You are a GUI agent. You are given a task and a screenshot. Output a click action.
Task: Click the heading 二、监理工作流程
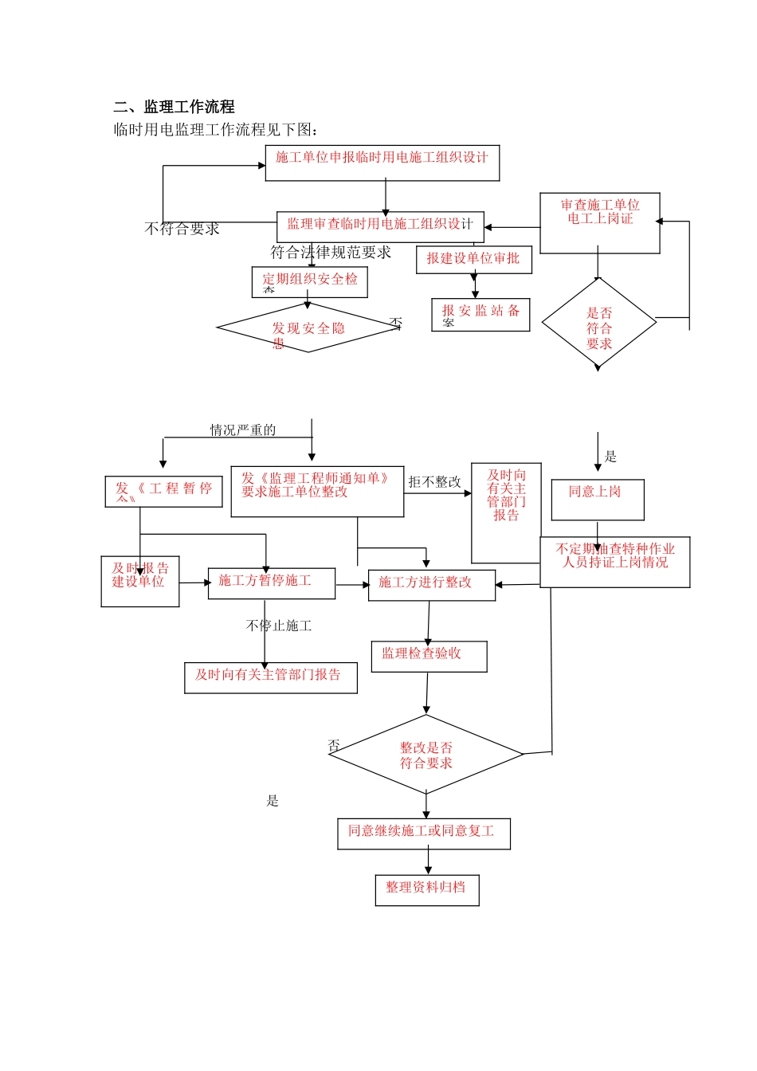click(174, 107)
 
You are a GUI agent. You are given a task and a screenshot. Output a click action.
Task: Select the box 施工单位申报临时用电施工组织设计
click(382, 163)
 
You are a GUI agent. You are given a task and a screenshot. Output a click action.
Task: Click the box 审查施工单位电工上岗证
click(600, 223)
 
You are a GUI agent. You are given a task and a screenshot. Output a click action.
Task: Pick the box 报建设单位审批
click(473, 260)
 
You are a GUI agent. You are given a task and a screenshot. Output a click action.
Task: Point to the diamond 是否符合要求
click(599, 324)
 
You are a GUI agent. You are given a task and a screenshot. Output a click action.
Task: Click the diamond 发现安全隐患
click(308, 328)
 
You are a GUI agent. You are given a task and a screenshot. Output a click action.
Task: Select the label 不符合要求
click(182, 229)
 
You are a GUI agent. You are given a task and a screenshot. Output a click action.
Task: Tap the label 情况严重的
click(243, 430)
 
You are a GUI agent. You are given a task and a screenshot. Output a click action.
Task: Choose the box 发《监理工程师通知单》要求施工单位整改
click(317, 491)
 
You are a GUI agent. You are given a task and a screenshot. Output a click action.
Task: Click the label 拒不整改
click(434, 482)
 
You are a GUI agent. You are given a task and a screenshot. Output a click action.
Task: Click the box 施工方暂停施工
click(271, 583)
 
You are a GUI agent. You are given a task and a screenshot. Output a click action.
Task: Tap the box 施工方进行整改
click(431, 584)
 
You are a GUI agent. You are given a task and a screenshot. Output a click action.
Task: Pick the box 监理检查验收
click(429, 656)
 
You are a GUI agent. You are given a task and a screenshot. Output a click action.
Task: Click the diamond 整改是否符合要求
click(426, 755)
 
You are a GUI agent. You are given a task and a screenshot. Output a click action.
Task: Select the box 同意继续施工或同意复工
click(423, 834)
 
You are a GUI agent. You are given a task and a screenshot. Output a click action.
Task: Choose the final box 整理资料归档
click(426, 889)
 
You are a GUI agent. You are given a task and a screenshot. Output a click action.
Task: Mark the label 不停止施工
click(279, 626)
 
